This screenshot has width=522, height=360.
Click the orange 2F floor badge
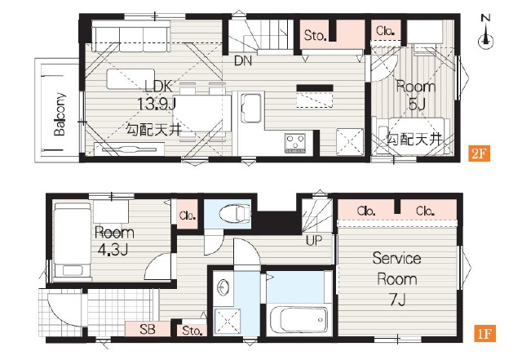point(479,154)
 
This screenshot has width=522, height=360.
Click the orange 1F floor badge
point(484,334)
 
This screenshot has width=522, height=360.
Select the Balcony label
point(60,114)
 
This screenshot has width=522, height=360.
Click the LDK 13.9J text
point(157,96)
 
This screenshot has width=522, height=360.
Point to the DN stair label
point(243,60)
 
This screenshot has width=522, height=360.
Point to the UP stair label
point(314,240)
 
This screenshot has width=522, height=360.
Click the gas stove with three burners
point(295,143)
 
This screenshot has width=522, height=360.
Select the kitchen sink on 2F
point(250,108)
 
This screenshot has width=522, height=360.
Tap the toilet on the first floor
point(235,213)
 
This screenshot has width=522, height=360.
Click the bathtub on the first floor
point(299,320)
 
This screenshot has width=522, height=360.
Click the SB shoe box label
point(147,329)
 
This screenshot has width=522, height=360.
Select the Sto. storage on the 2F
point(315,35)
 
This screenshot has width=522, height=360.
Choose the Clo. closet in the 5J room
point(386,31)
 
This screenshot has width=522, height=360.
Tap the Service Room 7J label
point(397,278)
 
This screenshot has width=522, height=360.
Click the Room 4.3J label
point(114,241)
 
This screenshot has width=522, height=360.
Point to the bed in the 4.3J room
point(73,240)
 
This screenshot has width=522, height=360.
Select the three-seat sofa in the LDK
point(130,37)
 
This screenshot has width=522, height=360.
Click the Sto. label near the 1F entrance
point(192,331)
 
